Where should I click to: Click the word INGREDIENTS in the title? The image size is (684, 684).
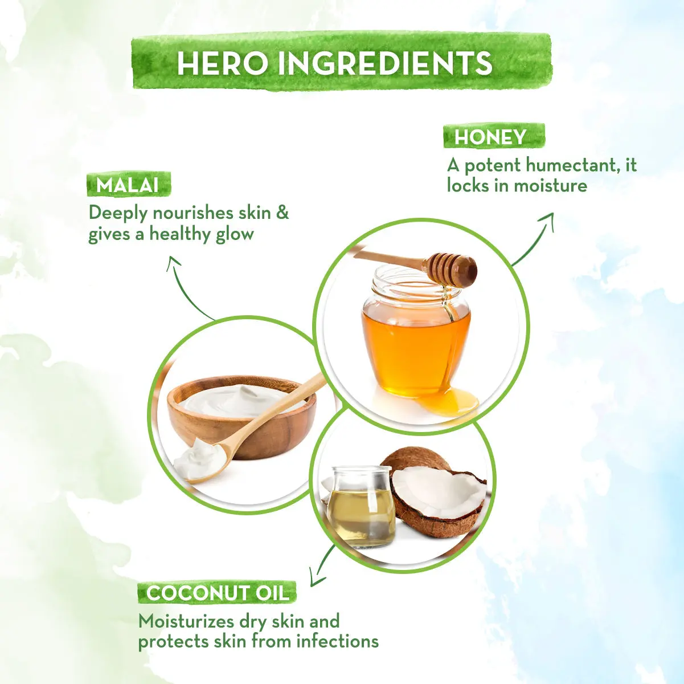point(385,63)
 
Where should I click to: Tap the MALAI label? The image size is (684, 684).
point(128,185)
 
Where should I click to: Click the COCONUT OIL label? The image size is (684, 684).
point(218,593)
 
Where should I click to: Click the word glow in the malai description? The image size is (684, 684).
point(235,234)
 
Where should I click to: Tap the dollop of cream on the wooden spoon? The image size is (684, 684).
point(199,456)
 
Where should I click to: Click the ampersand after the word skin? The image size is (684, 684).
point(282,213)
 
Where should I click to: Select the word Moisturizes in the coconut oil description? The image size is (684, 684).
point(186,621)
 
